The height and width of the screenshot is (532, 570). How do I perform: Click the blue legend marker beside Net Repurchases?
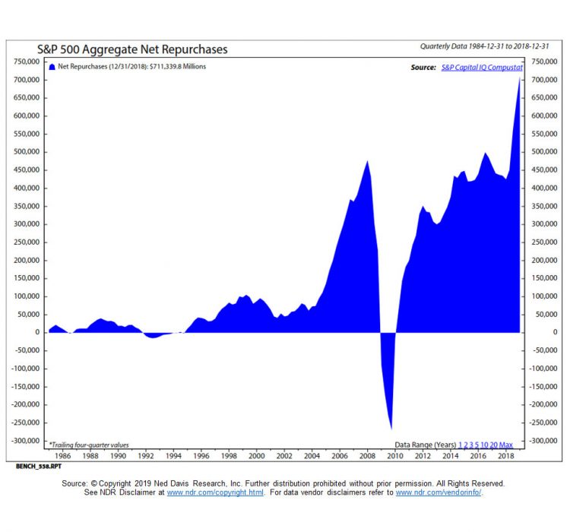[x=52, y=67]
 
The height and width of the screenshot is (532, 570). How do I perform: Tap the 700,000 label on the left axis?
[x=25, y=80]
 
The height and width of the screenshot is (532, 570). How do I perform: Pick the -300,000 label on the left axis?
[x=24, y=441]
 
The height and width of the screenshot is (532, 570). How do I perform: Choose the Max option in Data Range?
[x=506, y=444]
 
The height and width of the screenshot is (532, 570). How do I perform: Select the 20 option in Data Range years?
[x=495, y=444]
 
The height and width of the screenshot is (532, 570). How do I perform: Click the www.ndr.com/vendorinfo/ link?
[x=438, y=492]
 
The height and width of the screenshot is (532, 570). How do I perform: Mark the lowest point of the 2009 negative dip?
[x=391, y=429]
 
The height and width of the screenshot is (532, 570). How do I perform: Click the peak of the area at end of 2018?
[x=520, y=76]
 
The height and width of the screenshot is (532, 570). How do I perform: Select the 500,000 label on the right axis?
[x=546, y=152]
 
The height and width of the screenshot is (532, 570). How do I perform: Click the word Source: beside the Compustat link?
[x=423, y=68]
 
